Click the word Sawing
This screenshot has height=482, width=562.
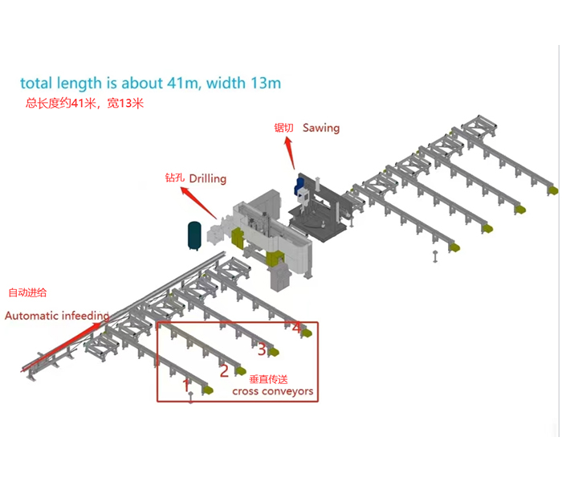coord(321,128)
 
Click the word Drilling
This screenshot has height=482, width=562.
coord(207,178)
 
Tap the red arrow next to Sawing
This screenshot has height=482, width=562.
coord(291,149)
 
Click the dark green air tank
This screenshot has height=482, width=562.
coord(194,235)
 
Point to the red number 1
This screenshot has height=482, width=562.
coord(186,385)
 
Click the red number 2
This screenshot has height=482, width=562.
coord(224,370)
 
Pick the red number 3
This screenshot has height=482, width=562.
coord(262,349)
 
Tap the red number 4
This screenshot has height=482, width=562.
coord(296,328)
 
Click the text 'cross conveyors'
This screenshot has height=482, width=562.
coord(272,392)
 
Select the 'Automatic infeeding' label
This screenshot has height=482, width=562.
coord(57,316)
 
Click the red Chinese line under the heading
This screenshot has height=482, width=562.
coord(83,103)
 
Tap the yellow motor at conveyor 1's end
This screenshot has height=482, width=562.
coord(209,390)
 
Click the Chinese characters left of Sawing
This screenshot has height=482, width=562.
coord(284,128)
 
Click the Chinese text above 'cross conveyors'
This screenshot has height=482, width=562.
coord(268,378)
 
